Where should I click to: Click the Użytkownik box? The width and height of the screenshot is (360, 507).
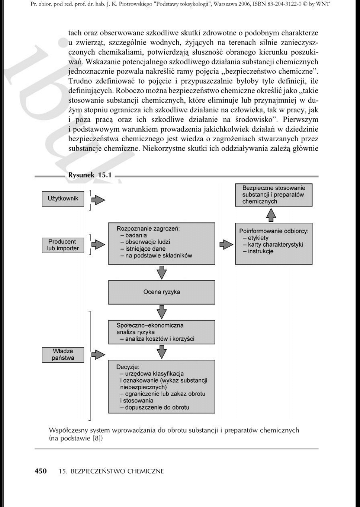tap(63, 198)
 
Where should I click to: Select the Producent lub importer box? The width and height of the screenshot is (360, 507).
tap(63, 245)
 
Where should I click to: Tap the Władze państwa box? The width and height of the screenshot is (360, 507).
tap(63, 355)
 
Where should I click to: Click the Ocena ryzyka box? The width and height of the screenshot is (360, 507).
tap(162, 292)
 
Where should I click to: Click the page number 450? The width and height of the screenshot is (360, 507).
tap(40, 471)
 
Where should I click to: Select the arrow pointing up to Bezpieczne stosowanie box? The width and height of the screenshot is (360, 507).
tap(272, 215)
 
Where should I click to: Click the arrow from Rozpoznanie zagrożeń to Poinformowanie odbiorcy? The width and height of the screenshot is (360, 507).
tap(226, 245)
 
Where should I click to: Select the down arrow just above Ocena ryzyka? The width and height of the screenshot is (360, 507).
tap(162, 272)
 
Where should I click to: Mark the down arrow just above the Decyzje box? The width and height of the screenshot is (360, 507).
tap(162, 351)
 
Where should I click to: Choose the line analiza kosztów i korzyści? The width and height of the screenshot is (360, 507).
tap(159, 339)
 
